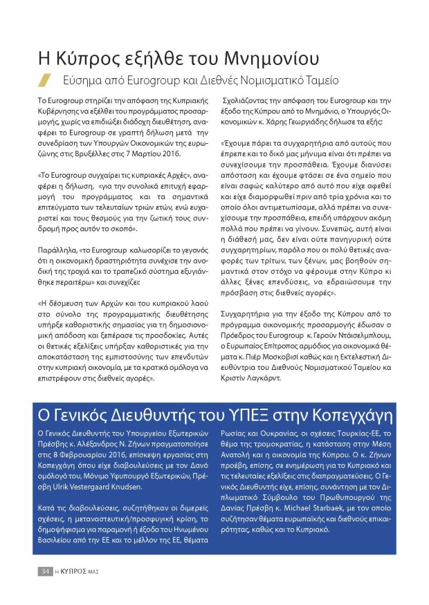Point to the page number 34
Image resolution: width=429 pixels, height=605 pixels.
tap(44, 571)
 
